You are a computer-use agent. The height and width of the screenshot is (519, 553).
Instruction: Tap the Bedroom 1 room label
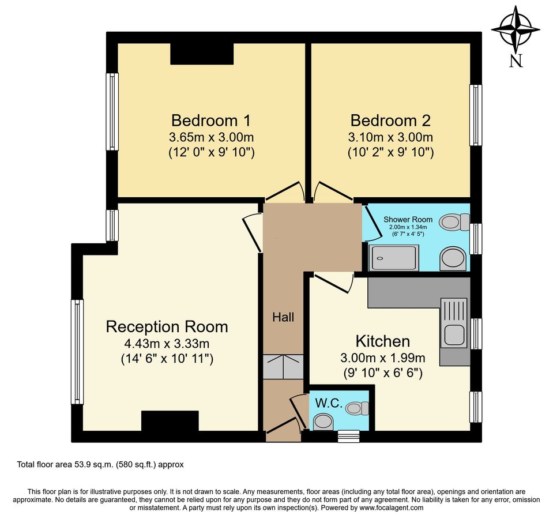(x=212, y=121)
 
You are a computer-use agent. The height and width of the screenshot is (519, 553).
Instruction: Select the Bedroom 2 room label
(x=390, y=121)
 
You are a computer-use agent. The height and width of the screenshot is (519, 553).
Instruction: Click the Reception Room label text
(x=167, y=327)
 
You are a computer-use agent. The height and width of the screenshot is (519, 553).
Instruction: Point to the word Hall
(x=283, y=317)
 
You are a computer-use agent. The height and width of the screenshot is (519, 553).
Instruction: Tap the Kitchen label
(x=382, y=341)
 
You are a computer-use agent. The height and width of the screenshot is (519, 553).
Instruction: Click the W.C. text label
(x=329, y=405)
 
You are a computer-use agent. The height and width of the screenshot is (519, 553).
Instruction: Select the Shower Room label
(x=408, y=219)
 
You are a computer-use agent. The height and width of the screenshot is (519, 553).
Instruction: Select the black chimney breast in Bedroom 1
(x=202, y=53)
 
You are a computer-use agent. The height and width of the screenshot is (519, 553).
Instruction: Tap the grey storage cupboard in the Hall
(x=283, y=367)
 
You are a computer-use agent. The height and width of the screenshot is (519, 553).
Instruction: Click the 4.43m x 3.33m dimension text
(x=167, y=344)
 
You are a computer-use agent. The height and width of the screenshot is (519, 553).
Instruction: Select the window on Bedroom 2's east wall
(x=475, y=115)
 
